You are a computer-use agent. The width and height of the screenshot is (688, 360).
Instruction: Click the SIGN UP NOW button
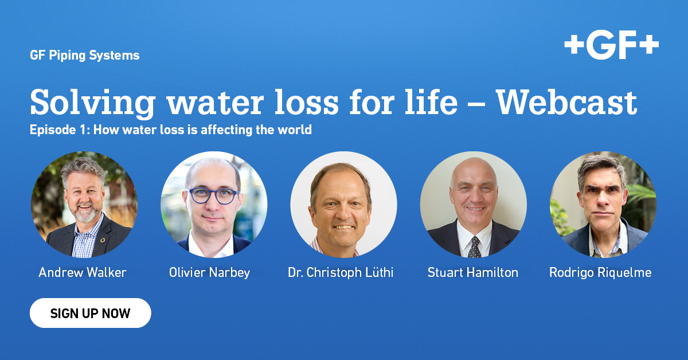pyautogui.click(x=91, y=313)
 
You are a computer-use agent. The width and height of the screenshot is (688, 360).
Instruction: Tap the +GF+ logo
pyautogui.click(x=612, y=45)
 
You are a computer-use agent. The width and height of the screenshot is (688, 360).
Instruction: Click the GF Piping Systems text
pyautogui.click(x=85, y=55)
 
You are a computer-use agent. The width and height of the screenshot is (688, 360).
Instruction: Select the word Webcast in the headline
pyautogui.click(x=566, y=102)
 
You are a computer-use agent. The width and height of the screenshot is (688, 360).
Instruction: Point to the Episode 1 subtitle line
pyautogui.click(x=171, y=130)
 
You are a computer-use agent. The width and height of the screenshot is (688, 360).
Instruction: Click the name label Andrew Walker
pyautogui.click(x=83, y=272)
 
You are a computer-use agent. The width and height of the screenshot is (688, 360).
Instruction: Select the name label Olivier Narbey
pyautogui.click(x=209, y=273)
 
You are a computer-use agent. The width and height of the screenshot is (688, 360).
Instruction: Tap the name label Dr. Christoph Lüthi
pyautogui.click(x=341, y=272)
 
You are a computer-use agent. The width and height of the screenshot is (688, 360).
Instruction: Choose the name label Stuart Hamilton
pyautogui.click(x=472, y=272)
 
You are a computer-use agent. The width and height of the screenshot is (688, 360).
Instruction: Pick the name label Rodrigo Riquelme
pyautogui.click(x=600, y=273)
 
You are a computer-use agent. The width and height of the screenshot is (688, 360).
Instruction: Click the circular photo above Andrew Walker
pyautogui.click(x=84, y=204)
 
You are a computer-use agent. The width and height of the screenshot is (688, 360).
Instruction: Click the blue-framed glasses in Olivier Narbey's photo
pyautogui.click(x=214, y=195)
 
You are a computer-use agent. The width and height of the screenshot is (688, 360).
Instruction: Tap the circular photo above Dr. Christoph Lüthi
pyautogui.click(x=343, y=204)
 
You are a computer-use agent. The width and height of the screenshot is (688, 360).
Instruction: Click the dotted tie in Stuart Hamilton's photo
pyautogui.click(x=475, y=247)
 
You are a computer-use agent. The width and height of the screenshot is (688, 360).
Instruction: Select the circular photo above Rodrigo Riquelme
pyautogui.click(x=603, y=204)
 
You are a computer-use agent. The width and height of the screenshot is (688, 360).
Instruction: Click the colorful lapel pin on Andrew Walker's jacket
pyautogui.click(x=103, y=240)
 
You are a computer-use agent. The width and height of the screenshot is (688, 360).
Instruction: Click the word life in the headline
pyautogui.click(x=431, y=102)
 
